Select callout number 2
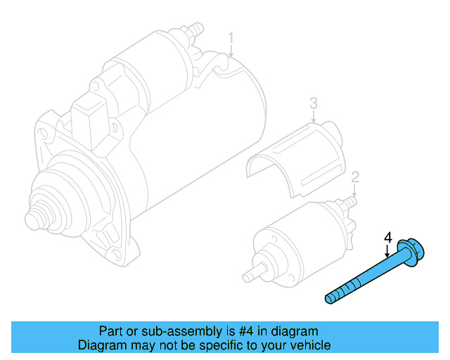(356, 176)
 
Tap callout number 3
(314, 104)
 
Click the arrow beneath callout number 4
(387, 252)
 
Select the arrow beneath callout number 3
(314, 118)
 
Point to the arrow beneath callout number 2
(356, 190)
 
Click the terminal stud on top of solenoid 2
(350, 202)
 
